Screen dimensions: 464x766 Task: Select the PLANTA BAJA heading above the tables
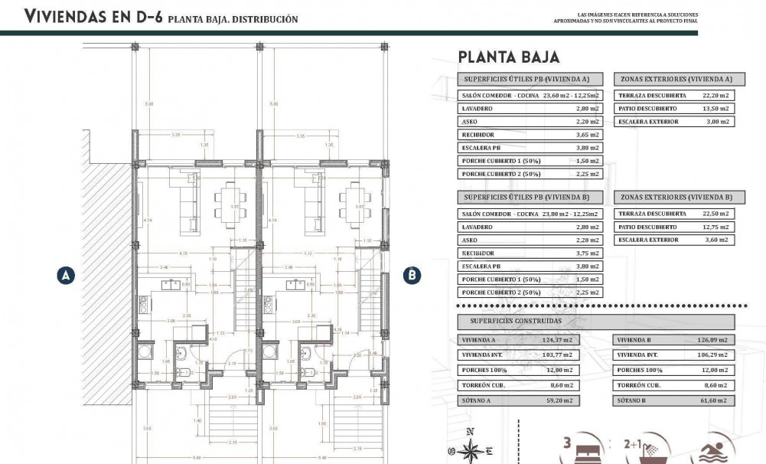tap(509, 57)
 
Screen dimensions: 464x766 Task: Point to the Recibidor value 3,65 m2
tap(588, 135)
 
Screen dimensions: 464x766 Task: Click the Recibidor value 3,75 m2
tap(588, 253)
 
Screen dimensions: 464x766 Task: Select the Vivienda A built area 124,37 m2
tap(559, 340)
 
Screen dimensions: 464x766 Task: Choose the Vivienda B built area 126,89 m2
tap(713, 340)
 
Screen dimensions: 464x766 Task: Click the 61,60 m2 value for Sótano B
tap(713, 400)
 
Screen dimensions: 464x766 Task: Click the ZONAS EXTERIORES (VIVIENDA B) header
tap(674, 198)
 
